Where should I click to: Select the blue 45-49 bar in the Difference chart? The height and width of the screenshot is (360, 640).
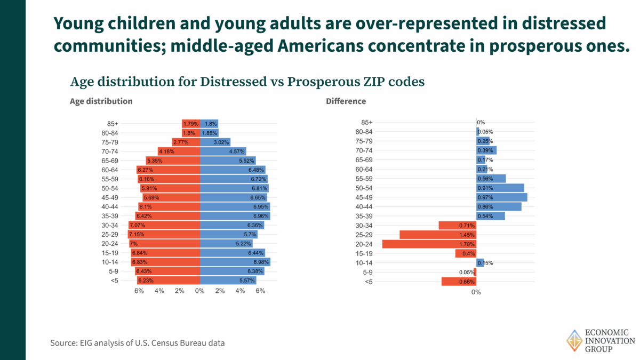point(501,197)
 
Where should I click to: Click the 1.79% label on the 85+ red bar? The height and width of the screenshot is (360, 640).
point(190,124)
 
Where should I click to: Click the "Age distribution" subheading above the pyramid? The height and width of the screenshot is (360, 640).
point(101,101)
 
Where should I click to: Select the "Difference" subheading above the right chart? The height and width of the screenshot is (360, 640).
point(346,101)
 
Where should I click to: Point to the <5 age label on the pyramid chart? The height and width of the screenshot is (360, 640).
point(114,281)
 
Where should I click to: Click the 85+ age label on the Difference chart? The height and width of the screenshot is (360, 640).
point(366,123)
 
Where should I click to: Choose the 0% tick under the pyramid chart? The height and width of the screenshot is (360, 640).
point(200,291)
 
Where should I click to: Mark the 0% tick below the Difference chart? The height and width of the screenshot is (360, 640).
point(476,292)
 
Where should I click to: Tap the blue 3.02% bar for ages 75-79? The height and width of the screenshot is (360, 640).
point(215,142)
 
